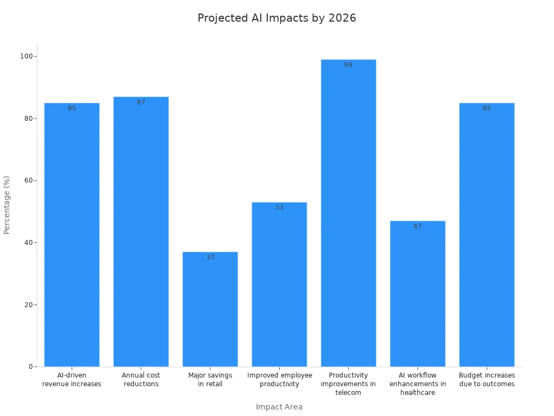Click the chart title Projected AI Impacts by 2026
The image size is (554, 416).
276,18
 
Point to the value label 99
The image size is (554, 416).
348,65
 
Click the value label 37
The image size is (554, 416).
210,257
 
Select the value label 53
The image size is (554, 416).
279,207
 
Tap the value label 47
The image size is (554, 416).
418,226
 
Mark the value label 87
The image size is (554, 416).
141,102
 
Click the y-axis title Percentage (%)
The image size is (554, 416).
7,205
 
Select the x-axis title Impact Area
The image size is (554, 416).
279,407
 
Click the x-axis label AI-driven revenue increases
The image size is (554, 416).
71,380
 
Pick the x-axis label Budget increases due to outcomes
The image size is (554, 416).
487,380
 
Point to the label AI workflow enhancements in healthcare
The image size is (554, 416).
418,384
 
